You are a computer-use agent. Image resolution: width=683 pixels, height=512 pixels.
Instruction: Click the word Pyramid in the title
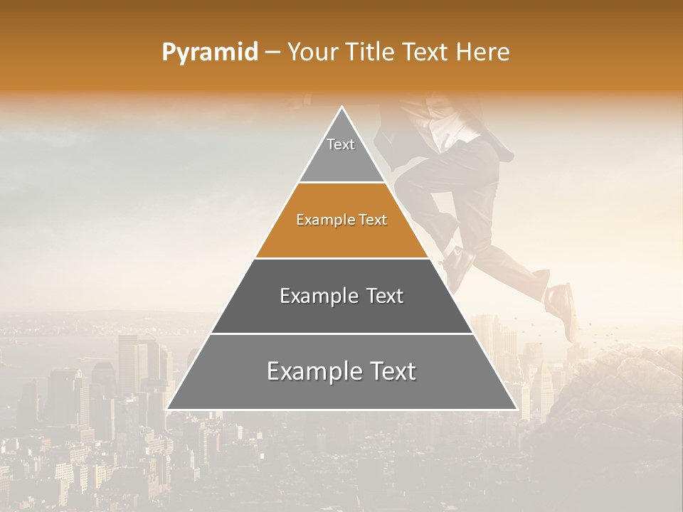click(x=209, y=53)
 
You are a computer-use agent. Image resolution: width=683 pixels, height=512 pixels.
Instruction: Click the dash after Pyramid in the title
click(x=272, y=53)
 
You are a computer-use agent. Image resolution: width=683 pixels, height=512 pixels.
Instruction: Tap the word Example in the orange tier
click(x=320, y=220)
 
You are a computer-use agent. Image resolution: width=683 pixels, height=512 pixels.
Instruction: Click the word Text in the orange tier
click(x=373, y=220)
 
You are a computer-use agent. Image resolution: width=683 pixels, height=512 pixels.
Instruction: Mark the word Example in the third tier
click(x=317, y=296)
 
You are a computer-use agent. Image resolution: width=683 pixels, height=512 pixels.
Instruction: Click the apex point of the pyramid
click(x=341, y=108)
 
